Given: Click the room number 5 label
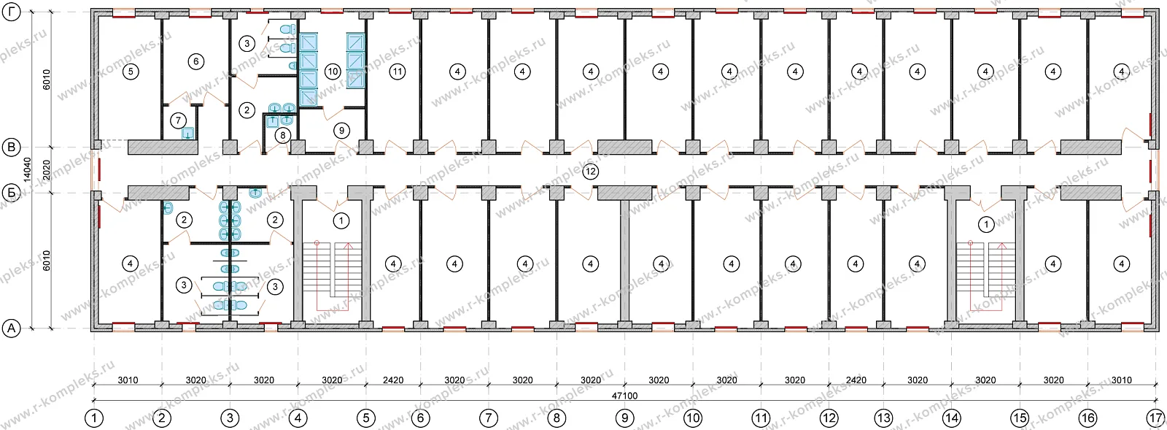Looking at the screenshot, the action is [x=131, y=71].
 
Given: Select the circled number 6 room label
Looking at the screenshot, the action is [x=196, y=61].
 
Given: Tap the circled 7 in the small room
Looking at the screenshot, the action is [x=178, y=121].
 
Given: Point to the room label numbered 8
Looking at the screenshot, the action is [x=282, y=136].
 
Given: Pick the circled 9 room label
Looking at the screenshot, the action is [x=342, y=130].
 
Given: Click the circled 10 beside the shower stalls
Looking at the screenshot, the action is [x=333, y=72].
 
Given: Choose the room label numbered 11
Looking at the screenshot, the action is [x=398, y=72].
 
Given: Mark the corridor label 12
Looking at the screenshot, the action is [x=590, y=172].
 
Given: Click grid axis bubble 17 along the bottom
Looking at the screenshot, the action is [x=1155, y=418].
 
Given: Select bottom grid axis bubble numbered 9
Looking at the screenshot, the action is [x=624, y=418].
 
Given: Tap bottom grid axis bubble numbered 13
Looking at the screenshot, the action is [x=883, y=418].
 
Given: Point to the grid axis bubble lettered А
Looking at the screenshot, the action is [x=12, y=329].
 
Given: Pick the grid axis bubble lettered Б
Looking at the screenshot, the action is [x=12, y=193].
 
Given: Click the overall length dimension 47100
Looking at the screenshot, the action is [x=624, y=396].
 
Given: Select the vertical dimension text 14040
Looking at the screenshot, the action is [x=27, y=169].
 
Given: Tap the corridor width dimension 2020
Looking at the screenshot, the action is [x=47, y=170].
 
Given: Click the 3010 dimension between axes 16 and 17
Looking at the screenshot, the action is [x=1121, y=380].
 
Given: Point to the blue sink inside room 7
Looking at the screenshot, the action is [x=188, y=134].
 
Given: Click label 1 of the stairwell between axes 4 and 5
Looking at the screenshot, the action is [x=341, y=221].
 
